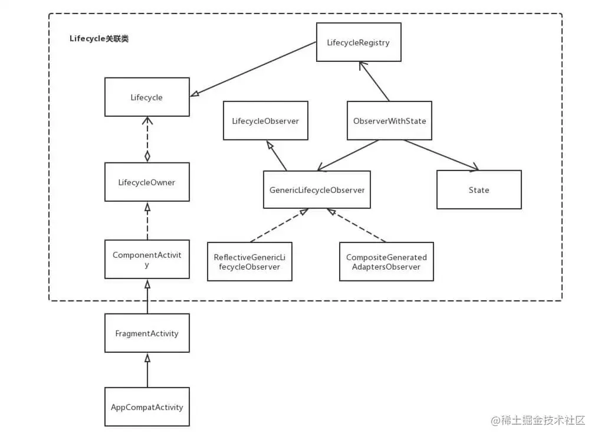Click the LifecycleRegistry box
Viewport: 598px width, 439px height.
[x=359, y=42]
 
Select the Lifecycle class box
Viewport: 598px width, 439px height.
[x=147, y=97]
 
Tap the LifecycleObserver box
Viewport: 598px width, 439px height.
[x=265, y=120]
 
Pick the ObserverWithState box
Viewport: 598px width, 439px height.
[x=389, y=120]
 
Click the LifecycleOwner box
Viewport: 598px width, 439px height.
[x=147, y=182]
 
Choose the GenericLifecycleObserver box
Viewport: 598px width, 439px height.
[x=317, y=190]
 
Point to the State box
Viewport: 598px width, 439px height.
[x=479, y=190]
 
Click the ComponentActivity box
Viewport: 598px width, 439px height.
[x=147, y=259]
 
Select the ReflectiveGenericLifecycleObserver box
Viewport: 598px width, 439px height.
[x=249, y=261]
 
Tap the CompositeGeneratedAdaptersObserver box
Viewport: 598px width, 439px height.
[x=386, y=261]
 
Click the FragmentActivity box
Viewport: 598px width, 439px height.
[x=147, y=333]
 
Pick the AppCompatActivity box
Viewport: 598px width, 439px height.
[x=147, y=407]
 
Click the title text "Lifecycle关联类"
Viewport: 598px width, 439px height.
[x=99, y=38]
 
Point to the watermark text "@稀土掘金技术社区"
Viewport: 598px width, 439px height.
[x=538, y=420]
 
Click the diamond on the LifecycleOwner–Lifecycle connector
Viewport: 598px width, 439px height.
[x=147, y=156]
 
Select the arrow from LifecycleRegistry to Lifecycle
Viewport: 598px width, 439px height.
[x=253, y=69]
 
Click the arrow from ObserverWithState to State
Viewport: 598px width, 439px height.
[x=441, y=155]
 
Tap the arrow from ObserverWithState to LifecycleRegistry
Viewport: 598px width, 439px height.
[x=374, y=81]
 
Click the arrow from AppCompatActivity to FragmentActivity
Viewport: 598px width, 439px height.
[x=147, y=371]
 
